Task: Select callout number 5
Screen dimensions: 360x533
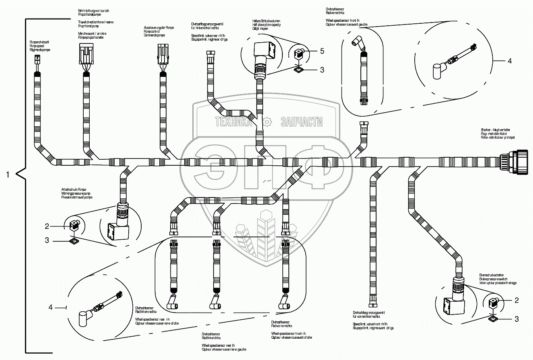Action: [322, 51]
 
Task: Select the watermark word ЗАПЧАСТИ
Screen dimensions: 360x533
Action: [302, 122]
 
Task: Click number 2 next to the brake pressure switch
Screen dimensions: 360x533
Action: [517, 300]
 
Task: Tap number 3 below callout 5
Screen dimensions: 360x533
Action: [322, 70]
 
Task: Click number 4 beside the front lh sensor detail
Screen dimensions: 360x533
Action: [510, 61]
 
